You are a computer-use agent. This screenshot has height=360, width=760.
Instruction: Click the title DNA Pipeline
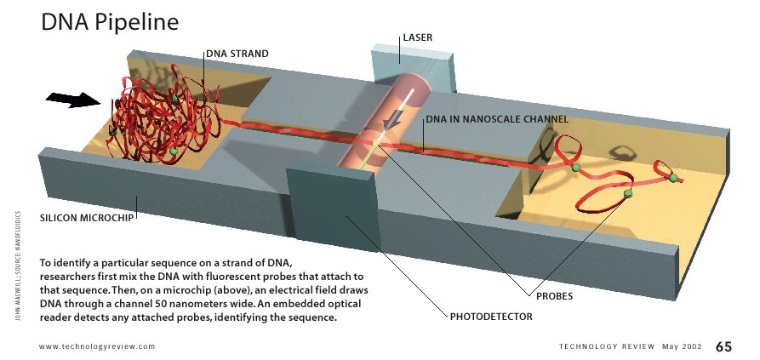point(110,22)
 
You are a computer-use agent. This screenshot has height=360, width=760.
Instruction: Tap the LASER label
point(417,38)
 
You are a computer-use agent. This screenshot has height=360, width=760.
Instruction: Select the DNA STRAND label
point(237,54)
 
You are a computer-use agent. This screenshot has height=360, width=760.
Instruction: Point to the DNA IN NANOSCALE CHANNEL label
point(496,119)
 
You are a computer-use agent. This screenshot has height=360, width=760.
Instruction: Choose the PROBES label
point(554,297)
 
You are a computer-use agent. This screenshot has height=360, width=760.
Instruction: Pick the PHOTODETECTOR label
point(491,317)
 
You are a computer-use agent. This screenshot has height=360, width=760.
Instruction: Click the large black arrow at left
point(72,100)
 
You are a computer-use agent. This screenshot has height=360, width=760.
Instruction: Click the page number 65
point(723,346)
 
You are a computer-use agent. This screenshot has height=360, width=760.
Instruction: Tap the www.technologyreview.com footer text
point(97,346)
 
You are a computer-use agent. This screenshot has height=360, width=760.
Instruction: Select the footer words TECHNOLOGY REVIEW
point(607,346)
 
